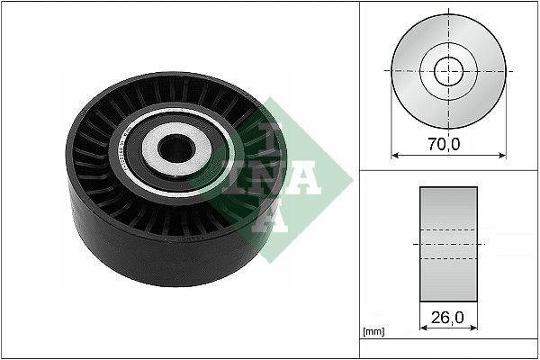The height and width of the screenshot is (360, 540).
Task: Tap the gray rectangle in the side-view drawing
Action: coord(448,216)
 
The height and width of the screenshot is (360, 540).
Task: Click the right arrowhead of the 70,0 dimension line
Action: coord(504,154)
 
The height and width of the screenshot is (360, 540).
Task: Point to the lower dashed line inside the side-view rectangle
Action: coord(448,259)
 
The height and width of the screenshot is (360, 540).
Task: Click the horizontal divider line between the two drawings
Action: coord(449,168)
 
